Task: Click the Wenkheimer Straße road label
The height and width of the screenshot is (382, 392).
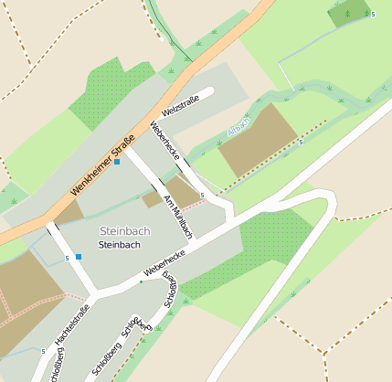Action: pos(101,165)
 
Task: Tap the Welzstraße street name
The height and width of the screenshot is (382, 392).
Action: pos(180,109)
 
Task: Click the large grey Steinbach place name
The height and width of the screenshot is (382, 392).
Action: pos(127,231)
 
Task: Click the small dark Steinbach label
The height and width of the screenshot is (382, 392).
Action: pos(119,245)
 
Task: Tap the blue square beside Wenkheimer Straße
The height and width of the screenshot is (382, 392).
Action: pos(117,162)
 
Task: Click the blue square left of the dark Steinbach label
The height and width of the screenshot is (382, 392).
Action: pos(79,257)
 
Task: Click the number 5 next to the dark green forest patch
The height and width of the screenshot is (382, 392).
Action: pos(373,15)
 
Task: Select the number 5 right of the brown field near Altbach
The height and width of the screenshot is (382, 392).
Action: pos(301,142)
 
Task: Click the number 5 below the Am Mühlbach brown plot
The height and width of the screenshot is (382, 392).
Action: pos(201,207)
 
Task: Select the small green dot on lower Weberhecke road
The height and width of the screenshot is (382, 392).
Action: pos(142,281)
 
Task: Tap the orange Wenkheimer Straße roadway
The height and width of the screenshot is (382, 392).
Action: pos(183,82)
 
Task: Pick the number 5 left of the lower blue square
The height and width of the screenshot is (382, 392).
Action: pos(68,259)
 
